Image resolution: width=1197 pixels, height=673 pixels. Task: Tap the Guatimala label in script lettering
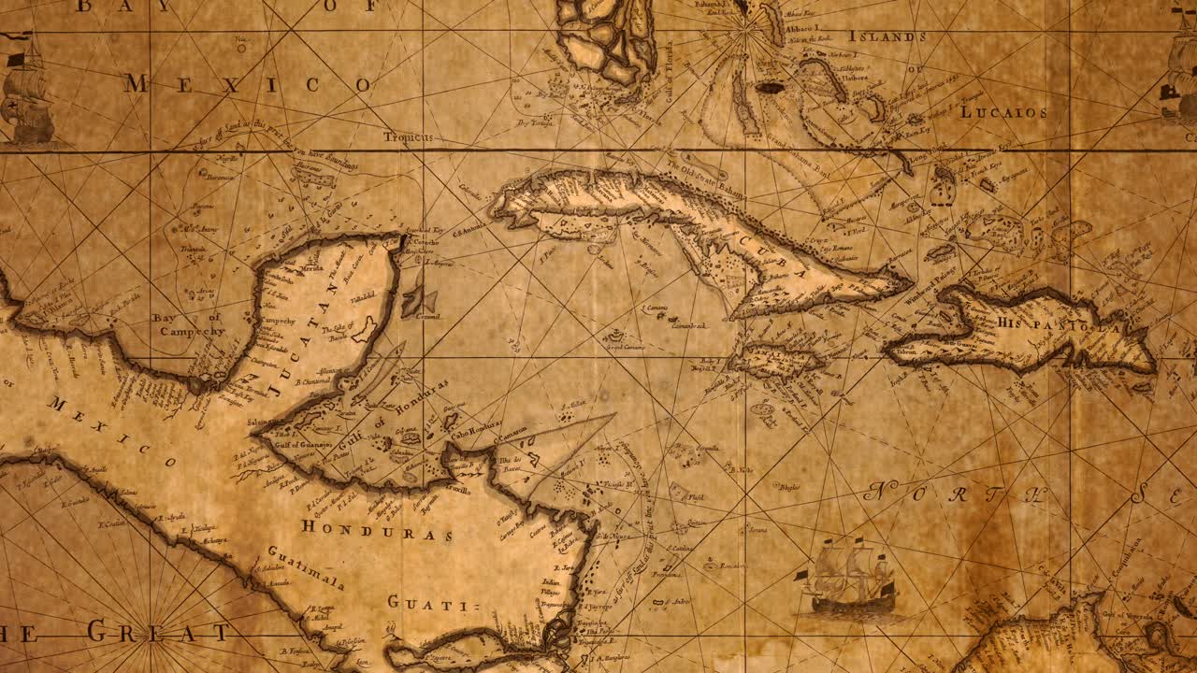tap(306, 566)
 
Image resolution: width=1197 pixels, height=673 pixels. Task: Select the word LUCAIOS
tap(1002, 112)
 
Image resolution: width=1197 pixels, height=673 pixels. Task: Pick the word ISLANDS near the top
tap(887, 36)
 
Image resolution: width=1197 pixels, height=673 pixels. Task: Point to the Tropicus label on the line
tap(409, 137)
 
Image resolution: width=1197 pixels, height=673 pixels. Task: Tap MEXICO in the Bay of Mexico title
tap(248, 84)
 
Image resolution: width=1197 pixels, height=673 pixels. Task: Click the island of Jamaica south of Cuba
tap(776, 360)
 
